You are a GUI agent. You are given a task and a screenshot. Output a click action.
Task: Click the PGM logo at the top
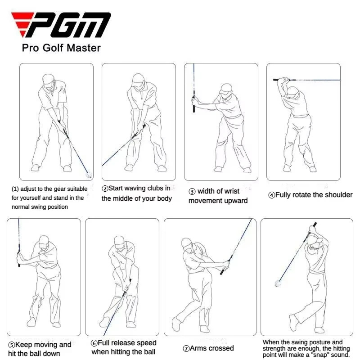pos(61,25)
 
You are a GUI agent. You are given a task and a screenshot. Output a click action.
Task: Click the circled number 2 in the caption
pos(105,189)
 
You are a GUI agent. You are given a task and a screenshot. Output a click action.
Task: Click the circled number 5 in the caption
pos(11,345)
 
